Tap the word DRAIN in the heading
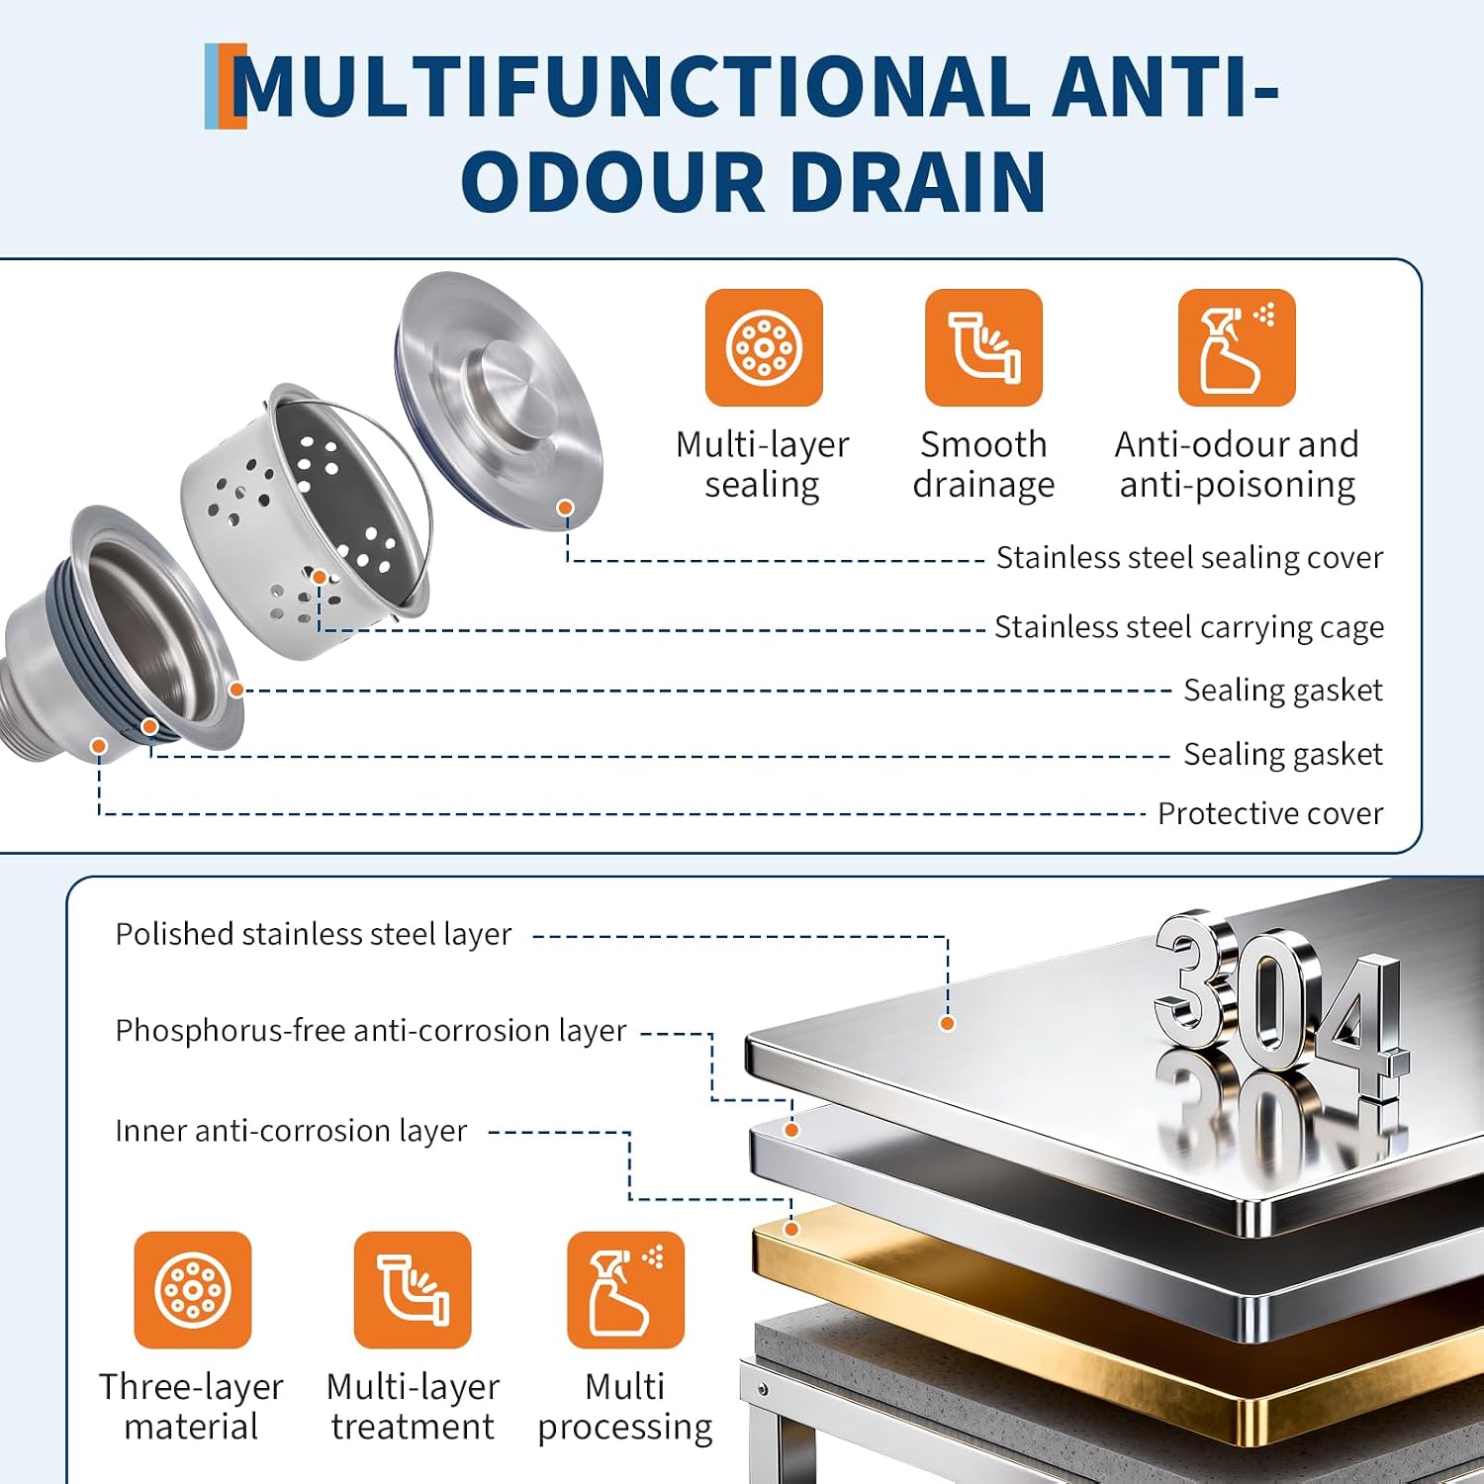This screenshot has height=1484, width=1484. [917, 182]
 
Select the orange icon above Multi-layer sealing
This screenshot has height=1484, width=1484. [764, 347]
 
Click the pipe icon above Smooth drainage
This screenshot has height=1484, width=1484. [983, 347]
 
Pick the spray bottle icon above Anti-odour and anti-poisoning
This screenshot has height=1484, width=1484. [1237, 347]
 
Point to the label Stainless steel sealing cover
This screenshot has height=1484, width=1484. [1189, 558]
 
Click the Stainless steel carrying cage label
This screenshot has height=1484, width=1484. [1189, 627]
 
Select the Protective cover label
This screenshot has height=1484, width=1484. [1270, 813]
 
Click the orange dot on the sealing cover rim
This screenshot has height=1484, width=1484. [566, 508]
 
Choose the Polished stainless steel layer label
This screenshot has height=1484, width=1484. [314, 934]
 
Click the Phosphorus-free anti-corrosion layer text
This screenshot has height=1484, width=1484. [371, 1031]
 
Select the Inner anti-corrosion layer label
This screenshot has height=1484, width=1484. [291, 1131]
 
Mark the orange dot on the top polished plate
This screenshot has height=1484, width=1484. [948, 1023]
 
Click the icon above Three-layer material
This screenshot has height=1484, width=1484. [193, 1290]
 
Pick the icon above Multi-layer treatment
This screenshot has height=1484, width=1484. [413, 1290]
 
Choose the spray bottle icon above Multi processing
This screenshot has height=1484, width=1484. [625, 1290]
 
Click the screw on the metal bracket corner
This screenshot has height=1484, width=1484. [763, 1389]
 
